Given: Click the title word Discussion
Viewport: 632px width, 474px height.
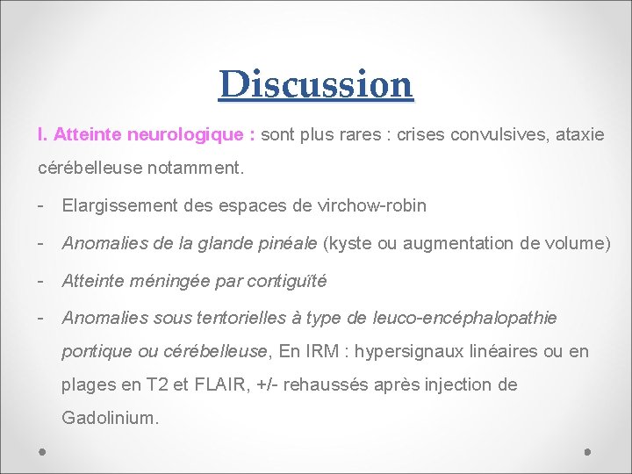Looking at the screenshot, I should (316, 85).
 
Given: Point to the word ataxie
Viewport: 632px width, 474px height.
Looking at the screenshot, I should (578, 135).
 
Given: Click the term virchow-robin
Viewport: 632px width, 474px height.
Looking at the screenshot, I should (374, 205).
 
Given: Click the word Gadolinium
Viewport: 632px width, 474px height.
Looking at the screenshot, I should (110, 418).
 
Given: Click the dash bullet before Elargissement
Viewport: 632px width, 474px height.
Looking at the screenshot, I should (41, 205).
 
